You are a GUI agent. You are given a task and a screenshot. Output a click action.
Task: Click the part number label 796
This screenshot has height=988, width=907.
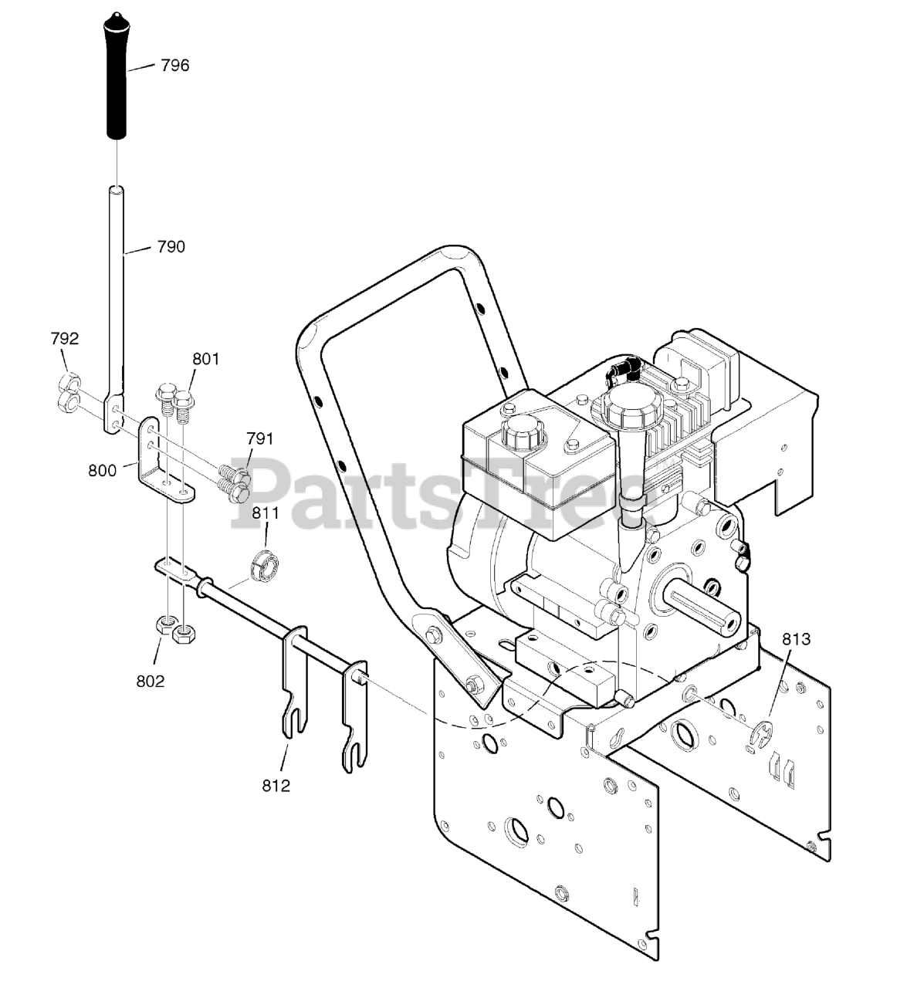click(174, 66)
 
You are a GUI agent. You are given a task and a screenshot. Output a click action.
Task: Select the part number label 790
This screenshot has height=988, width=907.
click(171, 247)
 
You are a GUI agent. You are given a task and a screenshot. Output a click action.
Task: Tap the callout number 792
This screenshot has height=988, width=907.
click(65, 338)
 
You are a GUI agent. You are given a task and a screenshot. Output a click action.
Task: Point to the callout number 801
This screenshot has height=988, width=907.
click(206, 358)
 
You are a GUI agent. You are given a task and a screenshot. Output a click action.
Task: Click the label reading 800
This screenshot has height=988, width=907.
click(103, 470)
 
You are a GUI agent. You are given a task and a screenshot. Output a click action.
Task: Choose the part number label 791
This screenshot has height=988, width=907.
click(260, 439)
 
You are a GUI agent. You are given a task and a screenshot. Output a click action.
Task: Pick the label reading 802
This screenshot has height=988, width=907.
click(151, 681)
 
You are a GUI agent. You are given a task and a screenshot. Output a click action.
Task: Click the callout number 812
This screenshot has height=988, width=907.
click(276, 786)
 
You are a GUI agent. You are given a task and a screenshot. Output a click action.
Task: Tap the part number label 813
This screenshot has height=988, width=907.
click(797, 639)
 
